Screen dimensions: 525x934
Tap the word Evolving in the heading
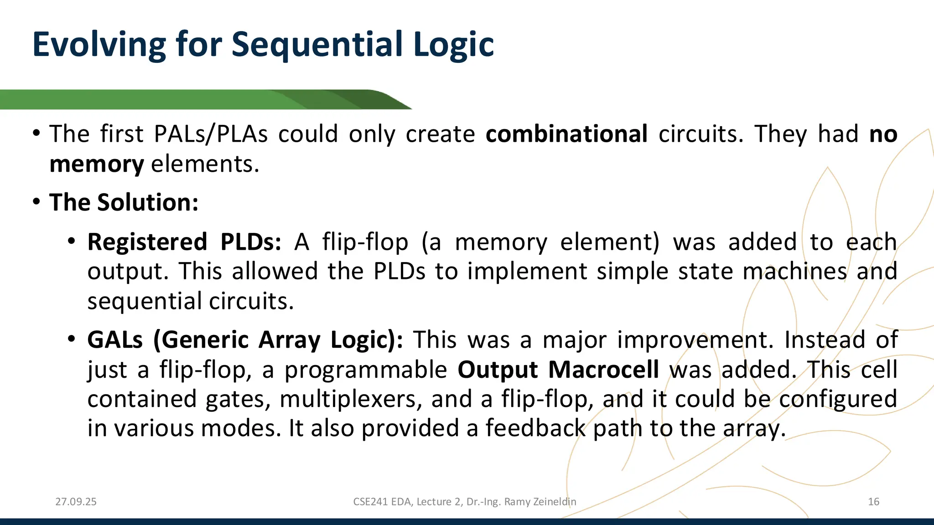(x=99, y=45)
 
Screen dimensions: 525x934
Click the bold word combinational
(x=566, y=134)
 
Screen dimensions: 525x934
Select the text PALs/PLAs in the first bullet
(x=211, y=134)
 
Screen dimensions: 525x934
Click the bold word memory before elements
(x=97, y=164)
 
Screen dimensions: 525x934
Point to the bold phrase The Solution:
(x=124, y=202)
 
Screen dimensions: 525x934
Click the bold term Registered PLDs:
(x=184, y=242)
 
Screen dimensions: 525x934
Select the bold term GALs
(x=115, y=340)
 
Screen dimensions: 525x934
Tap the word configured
(x=838, y=399)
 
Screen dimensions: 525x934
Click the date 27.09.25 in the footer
(x=76, y=502)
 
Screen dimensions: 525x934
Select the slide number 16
(x=873, y=502)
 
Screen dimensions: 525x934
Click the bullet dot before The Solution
(x=36, y=202)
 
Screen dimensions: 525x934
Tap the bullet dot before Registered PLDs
(x=71, y=241)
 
